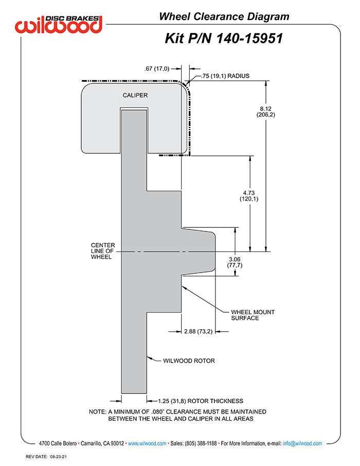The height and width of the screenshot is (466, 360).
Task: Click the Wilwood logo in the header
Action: pyautogui.click(x=59, y=24)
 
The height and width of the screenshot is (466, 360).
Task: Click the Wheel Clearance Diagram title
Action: pyautogui.click(x=224, y=16)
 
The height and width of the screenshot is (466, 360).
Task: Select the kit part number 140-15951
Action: pyautogui.click(x=224, y=38)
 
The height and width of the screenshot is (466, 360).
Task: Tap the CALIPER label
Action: pyautogui.click(x=135, y=95)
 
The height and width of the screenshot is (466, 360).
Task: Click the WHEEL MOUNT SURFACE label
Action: pyautogui.click(x=252, y=315)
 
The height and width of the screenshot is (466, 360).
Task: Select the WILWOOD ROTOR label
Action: pyautogui.click(x=189, y=361)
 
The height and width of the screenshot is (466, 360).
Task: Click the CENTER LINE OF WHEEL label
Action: pyautogui.click(x=103, y=251)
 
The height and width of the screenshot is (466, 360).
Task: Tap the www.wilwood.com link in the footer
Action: pyautogui.click(x=147, y=443)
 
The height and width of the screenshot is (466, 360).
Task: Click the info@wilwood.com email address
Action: pyautogui.click(x=302, y=443)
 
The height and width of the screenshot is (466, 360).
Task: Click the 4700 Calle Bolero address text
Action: pyautogui.click(x=58, y=443)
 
